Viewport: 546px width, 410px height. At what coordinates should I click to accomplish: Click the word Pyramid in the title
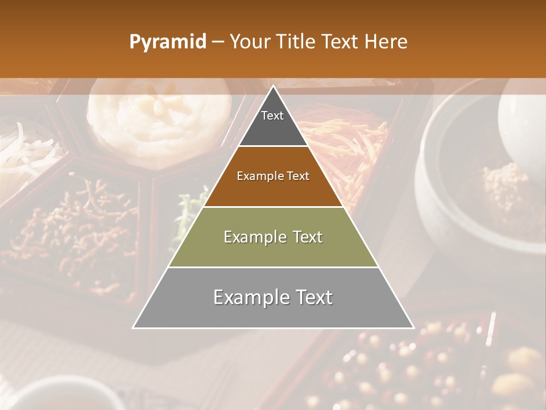click(x=168, y=42)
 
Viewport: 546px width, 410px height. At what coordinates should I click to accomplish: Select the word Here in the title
click(x=386, y=42)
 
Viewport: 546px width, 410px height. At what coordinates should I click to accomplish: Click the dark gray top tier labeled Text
click(x=272, y=122)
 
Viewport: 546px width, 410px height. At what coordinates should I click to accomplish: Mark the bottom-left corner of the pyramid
click(x=134, y=327)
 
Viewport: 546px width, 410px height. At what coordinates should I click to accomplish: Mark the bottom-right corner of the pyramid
click(x=413, y=327)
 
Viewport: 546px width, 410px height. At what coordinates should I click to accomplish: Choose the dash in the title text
click(x=218, y=42)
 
